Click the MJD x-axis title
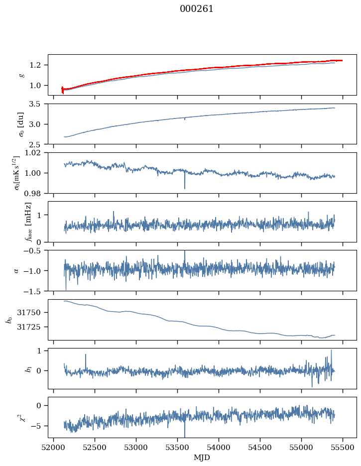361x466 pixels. pyautogui.click(x=202, y=458)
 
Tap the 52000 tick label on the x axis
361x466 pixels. pyautogui.click(x=54, y=448)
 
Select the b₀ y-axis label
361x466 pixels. pyautogui.click(x=8, y=319)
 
